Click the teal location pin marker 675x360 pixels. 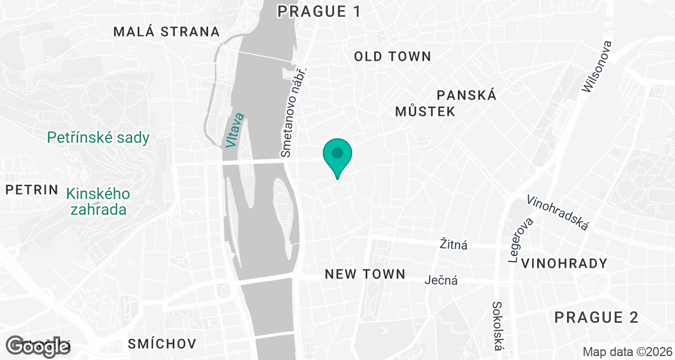(337, 154)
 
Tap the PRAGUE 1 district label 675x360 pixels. (318, 11)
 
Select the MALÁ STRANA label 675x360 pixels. (166, 31)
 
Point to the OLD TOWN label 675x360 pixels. (393, 56)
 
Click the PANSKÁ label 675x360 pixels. (467, 95)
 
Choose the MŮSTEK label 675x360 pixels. (425, 111)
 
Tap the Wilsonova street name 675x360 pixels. (597, 66)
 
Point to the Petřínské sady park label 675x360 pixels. (98, 137)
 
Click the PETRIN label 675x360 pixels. (32, 190)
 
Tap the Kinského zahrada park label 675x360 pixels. (98, 202)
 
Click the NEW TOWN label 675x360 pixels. (365, 274)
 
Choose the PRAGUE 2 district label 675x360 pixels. (596, 317)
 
